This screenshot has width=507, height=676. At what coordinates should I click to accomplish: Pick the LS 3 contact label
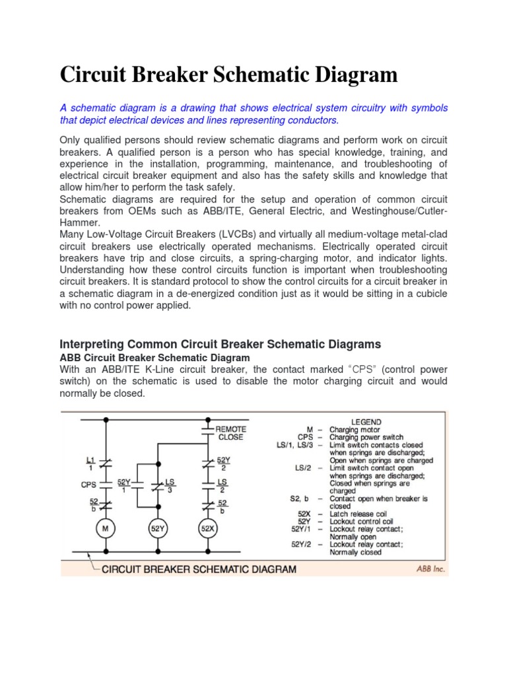click(170, 486)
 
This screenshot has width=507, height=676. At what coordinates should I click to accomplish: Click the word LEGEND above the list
click(366, 421)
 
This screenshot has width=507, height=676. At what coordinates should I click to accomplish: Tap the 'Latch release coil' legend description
click(360, 514)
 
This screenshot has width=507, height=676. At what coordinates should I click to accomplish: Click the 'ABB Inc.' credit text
click(430, 568)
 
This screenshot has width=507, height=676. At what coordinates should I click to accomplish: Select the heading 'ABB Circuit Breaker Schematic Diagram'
click(155, 358)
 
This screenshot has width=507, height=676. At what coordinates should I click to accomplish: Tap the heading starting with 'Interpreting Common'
click(220, 344)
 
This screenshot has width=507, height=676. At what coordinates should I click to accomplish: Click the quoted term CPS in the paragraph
click(334, 370)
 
